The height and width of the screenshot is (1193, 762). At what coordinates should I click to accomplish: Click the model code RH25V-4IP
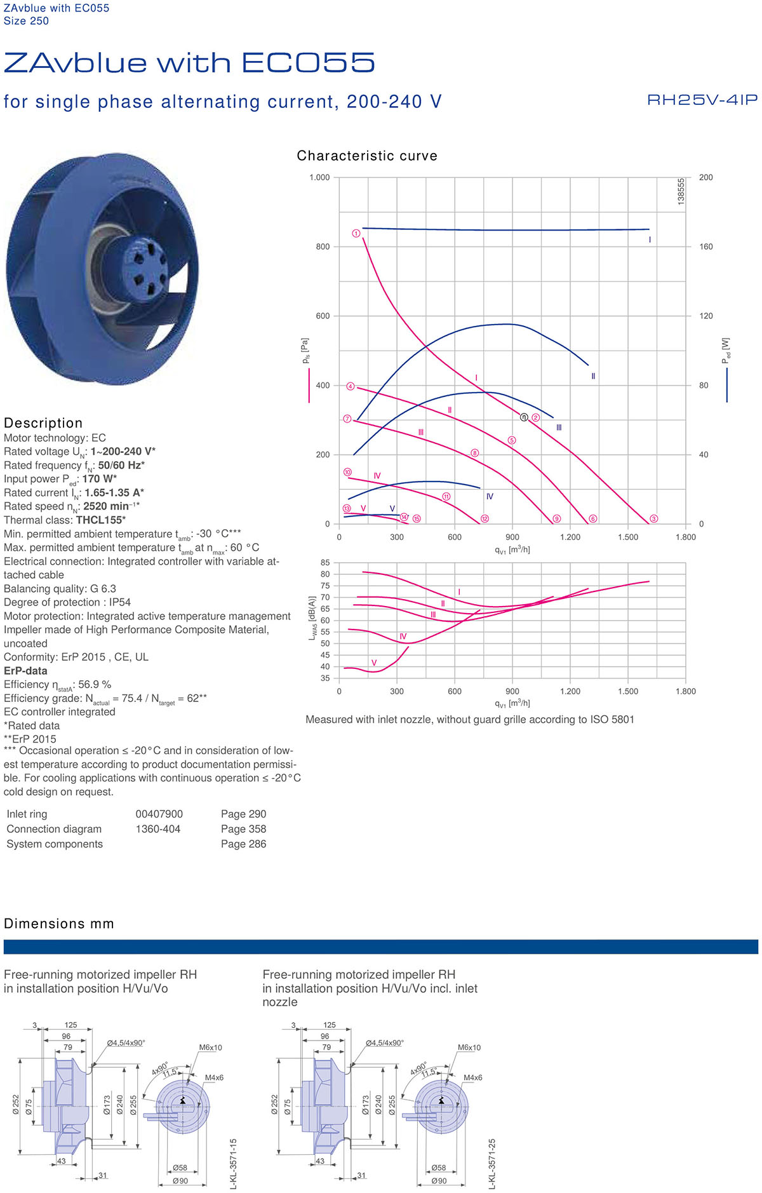(702, 100)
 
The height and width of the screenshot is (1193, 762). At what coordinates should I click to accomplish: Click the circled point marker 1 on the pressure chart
(356, 234)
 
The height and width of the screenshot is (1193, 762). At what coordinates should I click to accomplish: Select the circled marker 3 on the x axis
(653, 519)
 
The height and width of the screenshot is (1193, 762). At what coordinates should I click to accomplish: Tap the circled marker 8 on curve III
(475, 453)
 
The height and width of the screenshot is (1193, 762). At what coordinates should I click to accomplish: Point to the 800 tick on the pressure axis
(323, 246)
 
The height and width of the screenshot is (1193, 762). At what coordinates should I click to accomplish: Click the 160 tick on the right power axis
(705, 246)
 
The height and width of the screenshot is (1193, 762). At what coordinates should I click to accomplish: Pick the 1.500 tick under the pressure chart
(628, 537)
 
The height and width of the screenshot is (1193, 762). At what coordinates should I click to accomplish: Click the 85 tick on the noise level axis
(325, 563)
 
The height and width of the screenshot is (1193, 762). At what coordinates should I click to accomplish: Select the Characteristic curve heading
(367, 156)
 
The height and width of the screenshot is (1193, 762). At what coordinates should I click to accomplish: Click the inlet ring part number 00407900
(159, 814)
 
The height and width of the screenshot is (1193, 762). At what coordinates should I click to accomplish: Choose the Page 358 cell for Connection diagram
(243, 829)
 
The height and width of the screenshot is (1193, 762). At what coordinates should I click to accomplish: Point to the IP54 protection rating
(120, 602)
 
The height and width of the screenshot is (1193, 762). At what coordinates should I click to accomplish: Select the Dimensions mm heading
(59, 924)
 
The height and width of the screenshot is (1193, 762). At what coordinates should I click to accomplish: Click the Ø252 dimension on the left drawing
(16, 1105)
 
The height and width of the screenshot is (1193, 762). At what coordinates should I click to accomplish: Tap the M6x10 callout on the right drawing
(469, 1048)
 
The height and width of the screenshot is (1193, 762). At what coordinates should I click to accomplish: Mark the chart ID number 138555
(681, 191)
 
